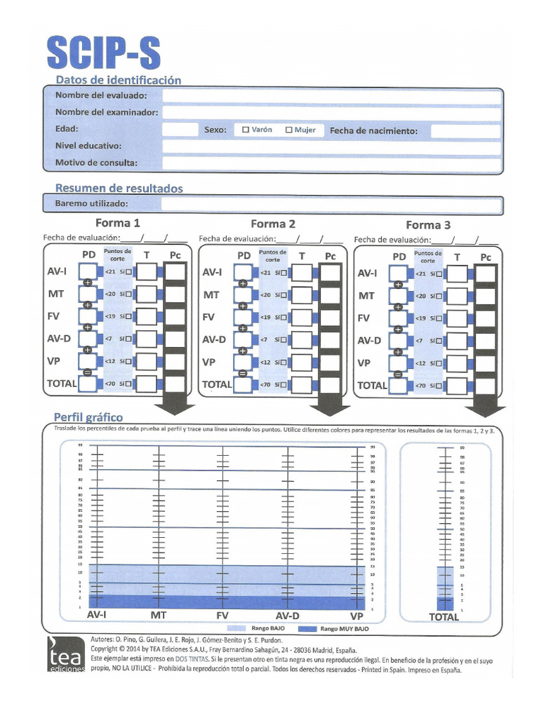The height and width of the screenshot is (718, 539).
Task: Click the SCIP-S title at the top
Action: pos(104,53)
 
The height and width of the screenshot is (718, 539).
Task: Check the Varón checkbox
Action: pos(246,130)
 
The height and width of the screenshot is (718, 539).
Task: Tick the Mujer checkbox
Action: pos(288,130)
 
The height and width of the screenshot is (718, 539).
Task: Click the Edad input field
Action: pos(180,130)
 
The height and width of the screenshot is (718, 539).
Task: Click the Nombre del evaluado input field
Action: pos(331,95)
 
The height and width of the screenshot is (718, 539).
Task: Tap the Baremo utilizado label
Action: pos(91,204)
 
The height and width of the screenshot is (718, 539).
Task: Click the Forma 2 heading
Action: pos(273,224)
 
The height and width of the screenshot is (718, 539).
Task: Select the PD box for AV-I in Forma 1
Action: pos(88,272)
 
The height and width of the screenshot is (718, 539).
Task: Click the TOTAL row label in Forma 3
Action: pos(371,385)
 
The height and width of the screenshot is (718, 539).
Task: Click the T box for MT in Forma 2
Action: pos(301,295)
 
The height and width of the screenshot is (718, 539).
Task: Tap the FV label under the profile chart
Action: pos(222,616)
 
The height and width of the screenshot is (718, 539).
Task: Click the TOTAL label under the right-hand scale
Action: pos(444,617)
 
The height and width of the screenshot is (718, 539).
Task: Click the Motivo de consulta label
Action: pos(96,163)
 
